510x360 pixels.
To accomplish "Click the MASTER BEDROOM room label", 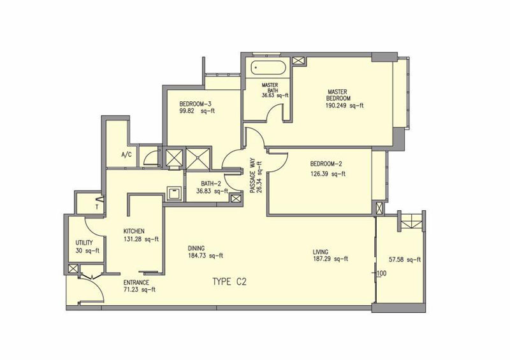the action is [339, 95].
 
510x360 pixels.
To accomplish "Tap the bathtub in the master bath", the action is [268, 68].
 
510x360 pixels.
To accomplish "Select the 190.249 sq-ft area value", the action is [344, 106].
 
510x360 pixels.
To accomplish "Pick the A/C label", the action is [126, 155].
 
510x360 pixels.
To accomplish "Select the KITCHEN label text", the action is [134, 231].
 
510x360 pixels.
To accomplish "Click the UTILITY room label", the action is [84, 243].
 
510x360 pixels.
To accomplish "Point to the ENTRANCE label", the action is [136, 283].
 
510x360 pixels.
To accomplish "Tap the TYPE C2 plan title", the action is [229, 282].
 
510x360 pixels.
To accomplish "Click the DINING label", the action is [196, 248].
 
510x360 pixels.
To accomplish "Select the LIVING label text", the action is [321, 252].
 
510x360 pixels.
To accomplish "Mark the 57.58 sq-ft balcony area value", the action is [405, 259].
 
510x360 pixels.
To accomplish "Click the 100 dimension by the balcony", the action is [382, 273].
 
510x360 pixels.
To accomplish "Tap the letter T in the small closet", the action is [97, 206].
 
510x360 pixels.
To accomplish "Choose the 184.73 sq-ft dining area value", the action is [205, 256].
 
